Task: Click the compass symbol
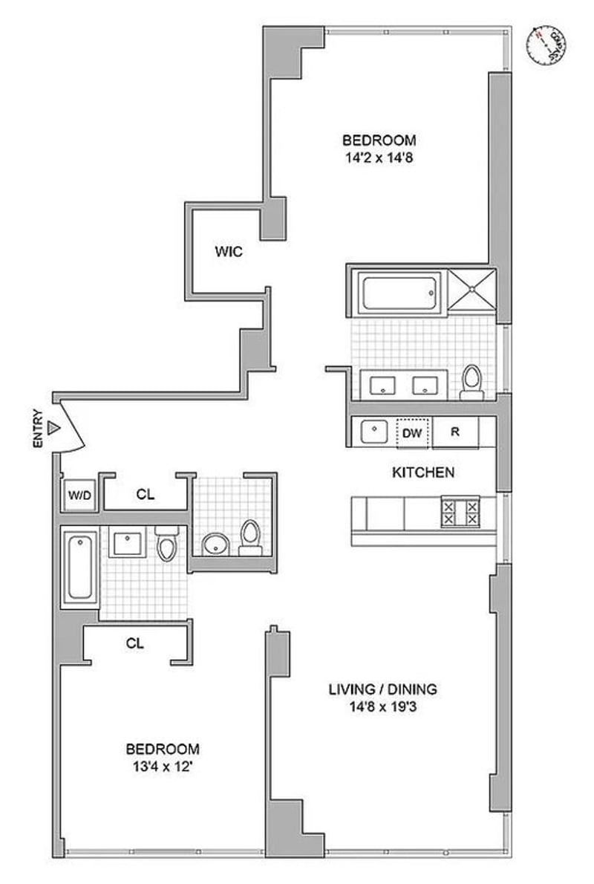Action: coord(547,45)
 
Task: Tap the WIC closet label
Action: coord(229,252)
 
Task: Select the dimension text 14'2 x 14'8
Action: coord(379,157)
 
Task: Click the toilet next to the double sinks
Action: coord(471,381)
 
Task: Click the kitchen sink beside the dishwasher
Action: coord(373,432)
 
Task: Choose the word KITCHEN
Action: coord(423,472)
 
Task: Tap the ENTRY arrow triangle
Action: coord(53,429)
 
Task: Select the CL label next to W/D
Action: coord(146,494)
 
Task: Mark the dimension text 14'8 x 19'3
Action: coord(383,706)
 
